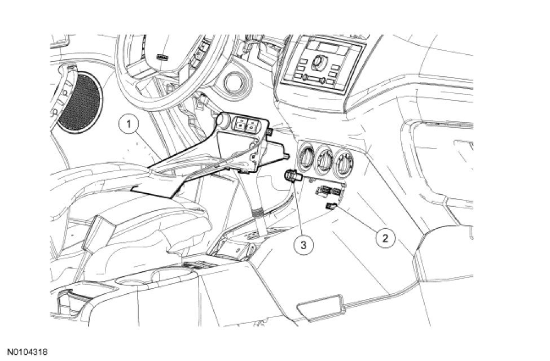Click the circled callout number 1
pyautogui.click(x=130, y=123)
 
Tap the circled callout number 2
pyautogui.click(x=385, y=237)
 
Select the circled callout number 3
pyautogui.click(x=303, y=244)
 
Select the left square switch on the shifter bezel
pyautogui.click(x=240, y=125)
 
